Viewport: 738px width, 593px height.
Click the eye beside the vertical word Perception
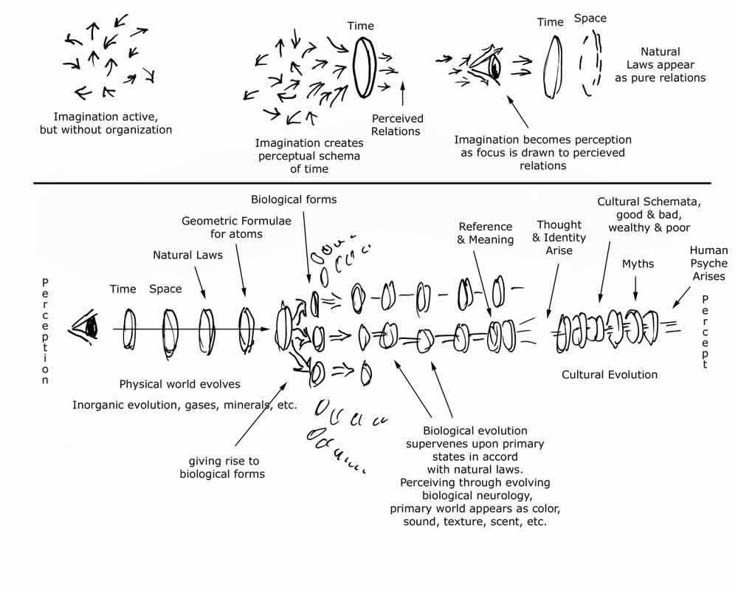[86, 325]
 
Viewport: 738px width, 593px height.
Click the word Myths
[638, 264]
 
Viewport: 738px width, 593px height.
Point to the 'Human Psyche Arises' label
[708, 264]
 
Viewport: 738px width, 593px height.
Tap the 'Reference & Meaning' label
[486, 233]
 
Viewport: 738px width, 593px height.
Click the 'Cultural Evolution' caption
[609, 374]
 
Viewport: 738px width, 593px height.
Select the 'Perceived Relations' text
[396, 125]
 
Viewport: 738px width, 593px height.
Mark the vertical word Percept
[706, 332]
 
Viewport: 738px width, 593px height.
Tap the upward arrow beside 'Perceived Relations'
[403, 95]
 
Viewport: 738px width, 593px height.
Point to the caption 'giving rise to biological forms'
[222, 467]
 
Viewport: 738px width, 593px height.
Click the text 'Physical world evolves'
[179, 384]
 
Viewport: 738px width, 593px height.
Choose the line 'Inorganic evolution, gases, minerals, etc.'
[184, 405]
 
